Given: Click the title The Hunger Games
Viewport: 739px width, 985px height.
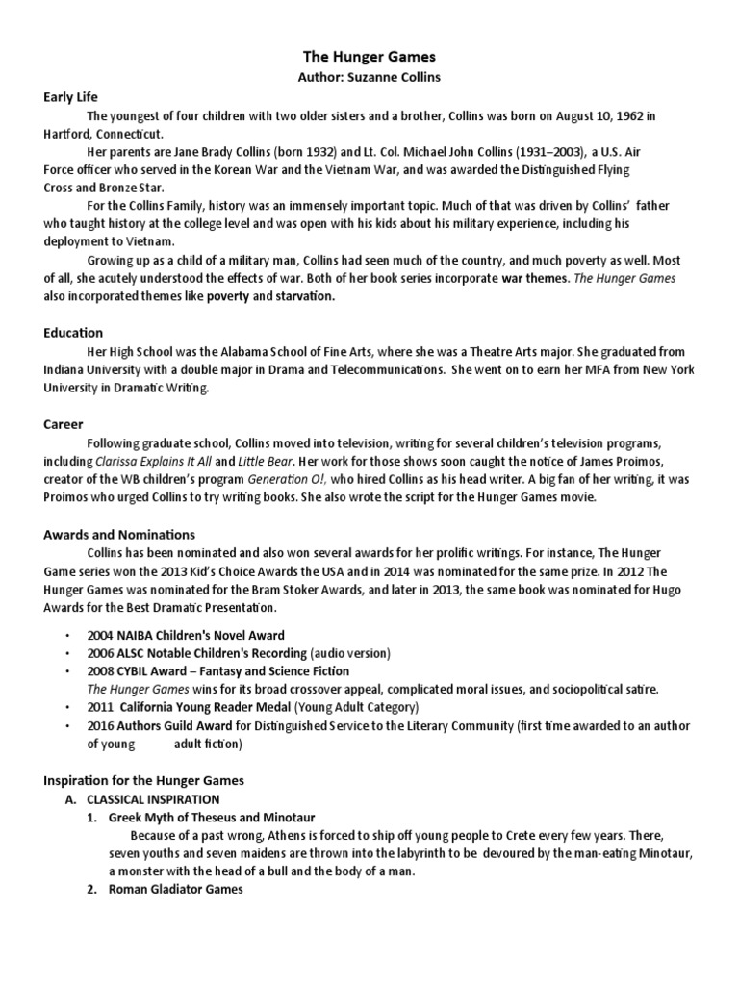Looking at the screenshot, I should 370,58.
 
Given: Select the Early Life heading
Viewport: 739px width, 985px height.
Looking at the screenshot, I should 71,97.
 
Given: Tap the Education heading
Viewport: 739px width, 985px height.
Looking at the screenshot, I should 73,333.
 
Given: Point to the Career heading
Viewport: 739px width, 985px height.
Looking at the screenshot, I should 64,424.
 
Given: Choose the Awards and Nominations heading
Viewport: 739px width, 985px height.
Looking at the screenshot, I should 119,535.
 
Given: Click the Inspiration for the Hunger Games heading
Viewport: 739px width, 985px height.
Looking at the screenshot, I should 144,780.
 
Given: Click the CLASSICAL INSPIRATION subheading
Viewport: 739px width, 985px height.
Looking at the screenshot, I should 153,799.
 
